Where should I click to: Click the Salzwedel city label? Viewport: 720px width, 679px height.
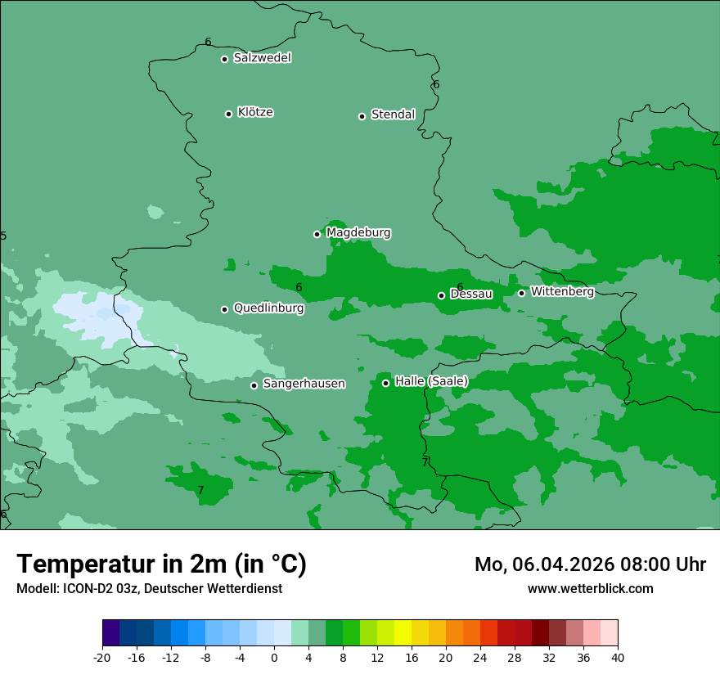[x=262, y=58]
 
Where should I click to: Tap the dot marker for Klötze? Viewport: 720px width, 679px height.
[x=228, y=114]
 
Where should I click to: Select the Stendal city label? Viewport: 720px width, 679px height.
[x=393, y=115]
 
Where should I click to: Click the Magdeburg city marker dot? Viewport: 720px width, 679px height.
[x=317, y=234]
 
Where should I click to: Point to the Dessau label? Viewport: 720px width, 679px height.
[x=471, y=294]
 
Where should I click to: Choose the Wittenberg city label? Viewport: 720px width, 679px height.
[x=562, y=291]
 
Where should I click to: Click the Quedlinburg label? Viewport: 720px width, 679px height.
[x=268, y=308]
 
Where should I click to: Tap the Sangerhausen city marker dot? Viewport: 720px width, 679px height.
[x=254, y=385]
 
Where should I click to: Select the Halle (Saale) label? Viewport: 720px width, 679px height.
[x=431, y=381]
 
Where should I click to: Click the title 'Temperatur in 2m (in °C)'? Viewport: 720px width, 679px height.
[x=161, y=564]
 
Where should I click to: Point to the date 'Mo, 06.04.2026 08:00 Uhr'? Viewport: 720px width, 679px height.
[x=590, y=564]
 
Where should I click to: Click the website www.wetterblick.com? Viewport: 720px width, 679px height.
[x=590, y=588]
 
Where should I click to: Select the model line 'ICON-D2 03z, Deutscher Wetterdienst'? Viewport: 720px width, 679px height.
[x=149, y=588]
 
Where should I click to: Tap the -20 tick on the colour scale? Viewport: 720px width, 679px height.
[x=102, y=658]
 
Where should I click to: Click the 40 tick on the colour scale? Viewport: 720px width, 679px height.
[x=617, y=658]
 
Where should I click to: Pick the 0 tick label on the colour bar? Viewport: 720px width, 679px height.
[x=274, y=658]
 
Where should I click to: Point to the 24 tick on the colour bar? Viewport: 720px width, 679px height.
[x=480, y=658]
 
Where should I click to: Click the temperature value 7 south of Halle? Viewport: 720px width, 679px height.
[x=425, y=462]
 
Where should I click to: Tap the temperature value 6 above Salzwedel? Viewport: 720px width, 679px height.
[x=208, y=42]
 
